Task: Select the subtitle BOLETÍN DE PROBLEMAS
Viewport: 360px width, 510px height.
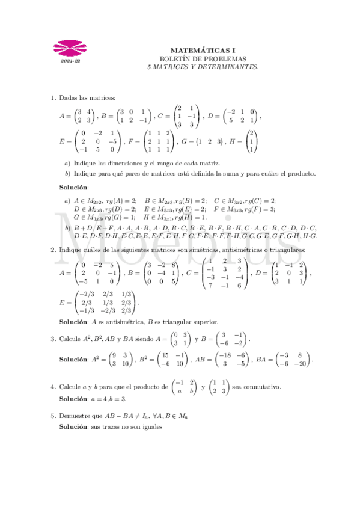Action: click(203, 59)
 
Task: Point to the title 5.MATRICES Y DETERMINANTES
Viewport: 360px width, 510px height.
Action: click(203, 67)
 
